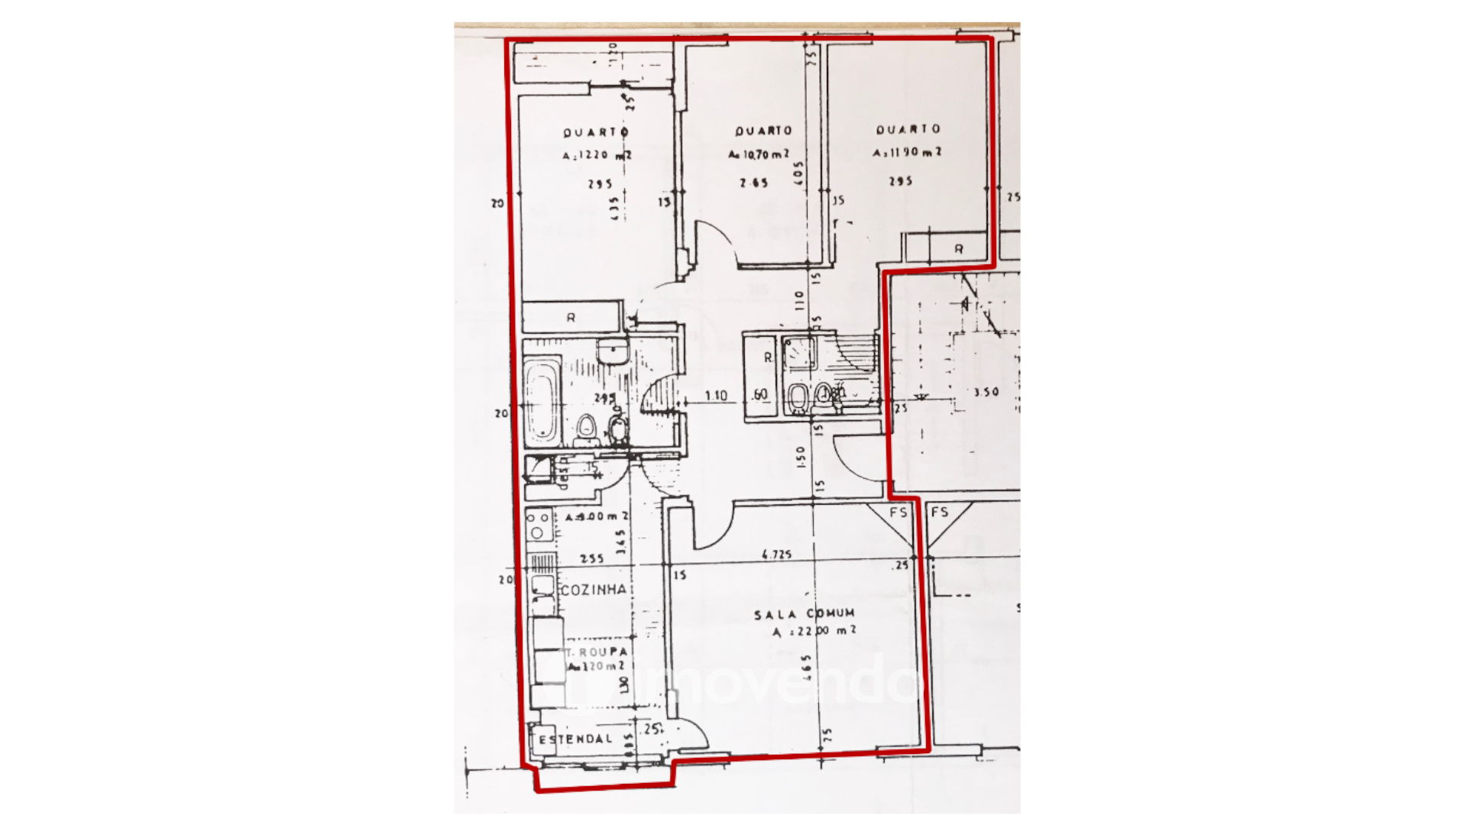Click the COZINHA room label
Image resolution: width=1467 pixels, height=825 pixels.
point(593,590)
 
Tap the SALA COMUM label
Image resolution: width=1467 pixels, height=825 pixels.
point(804,614)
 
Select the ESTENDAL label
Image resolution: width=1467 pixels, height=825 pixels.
point(575,739)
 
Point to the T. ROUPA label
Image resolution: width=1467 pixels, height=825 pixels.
point(597,652)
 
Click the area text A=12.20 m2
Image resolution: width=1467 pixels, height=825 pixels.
point(597,156)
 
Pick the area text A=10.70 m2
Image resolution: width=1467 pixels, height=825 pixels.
point(759,155)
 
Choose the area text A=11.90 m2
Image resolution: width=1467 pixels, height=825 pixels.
point(907,153)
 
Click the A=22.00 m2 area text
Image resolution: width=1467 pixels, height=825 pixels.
point(814,632)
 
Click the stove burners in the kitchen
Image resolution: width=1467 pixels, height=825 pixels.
point(538,525)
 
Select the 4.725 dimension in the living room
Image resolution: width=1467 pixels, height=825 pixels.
point(776,555)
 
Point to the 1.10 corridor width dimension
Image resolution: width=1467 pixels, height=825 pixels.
point(716,396)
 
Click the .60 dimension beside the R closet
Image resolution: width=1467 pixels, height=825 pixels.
point(759,395)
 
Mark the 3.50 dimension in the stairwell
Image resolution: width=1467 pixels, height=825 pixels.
point(986,392)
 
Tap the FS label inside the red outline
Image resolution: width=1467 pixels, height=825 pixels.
point(899,512)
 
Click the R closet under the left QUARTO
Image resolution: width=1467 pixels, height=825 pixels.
point(571,317)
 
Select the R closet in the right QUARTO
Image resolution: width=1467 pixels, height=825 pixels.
point(958,249)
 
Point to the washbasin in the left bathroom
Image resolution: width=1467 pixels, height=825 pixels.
point(612,352)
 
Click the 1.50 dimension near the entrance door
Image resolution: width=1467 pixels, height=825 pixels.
point(801,457)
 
